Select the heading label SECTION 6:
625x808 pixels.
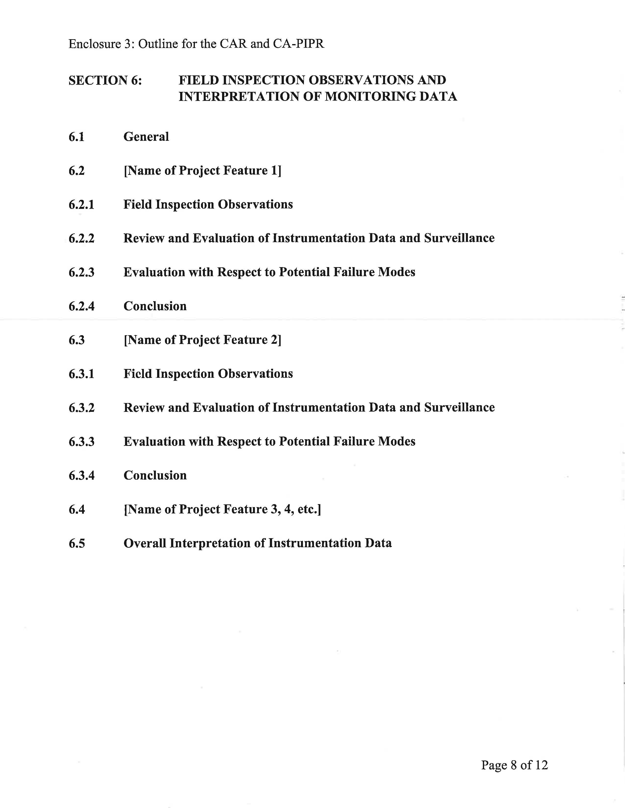pyautogui.click(x=105, y=80)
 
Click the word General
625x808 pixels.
pyautogui.click(x=146, y=137)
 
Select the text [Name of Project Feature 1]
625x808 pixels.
pyautogui.click(x=202, y=171)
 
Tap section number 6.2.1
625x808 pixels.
pyautogui.click(x=81, y=205)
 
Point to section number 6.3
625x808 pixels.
pyautogui.click(x=77, y=340)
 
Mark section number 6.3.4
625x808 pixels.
pyautogui.click(x=81, y=476)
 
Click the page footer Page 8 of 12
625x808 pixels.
pyautogui.click(x=514, y=765)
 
